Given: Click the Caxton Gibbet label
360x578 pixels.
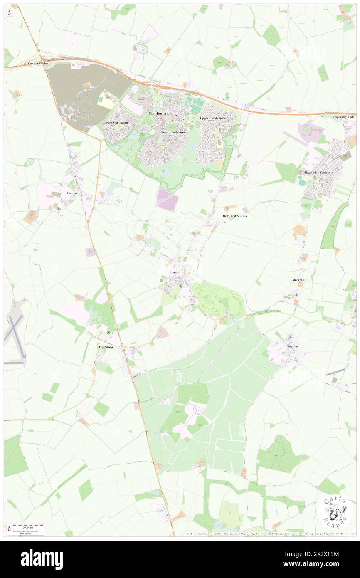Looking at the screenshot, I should click(38, 64).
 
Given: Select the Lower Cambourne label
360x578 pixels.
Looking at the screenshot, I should click(116, 123).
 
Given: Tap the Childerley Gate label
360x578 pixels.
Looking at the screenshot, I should click(344, 117).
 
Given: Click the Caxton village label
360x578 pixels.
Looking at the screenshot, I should click(72, 193).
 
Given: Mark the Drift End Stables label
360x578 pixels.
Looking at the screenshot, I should click(234, 216).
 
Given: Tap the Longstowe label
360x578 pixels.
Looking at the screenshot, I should click(106, 346).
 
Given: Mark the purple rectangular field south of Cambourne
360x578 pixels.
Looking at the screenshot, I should click(168, 200).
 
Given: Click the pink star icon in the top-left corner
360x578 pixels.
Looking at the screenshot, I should click(9, 13).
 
